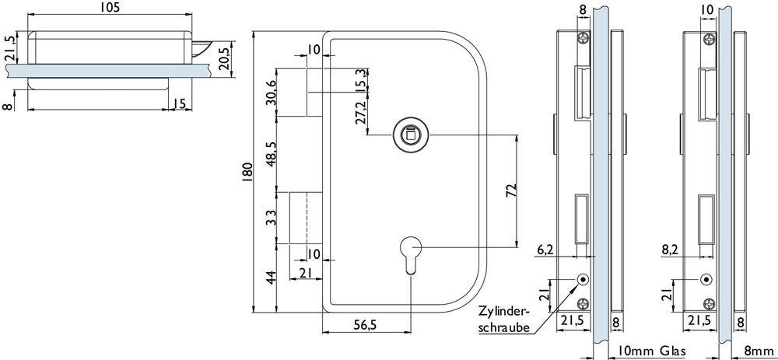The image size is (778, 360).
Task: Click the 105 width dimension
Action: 108,8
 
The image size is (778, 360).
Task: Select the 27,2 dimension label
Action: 360,113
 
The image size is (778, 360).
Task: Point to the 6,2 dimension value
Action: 546,250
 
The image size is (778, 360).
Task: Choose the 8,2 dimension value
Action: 671,250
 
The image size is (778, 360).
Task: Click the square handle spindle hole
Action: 405,135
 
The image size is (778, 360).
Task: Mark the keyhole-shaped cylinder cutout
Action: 410,256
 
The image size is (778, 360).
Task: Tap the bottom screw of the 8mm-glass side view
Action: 707,303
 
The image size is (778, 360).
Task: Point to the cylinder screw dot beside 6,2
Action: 583,279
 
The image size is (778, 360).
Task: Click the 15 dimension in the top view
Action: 178,103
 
